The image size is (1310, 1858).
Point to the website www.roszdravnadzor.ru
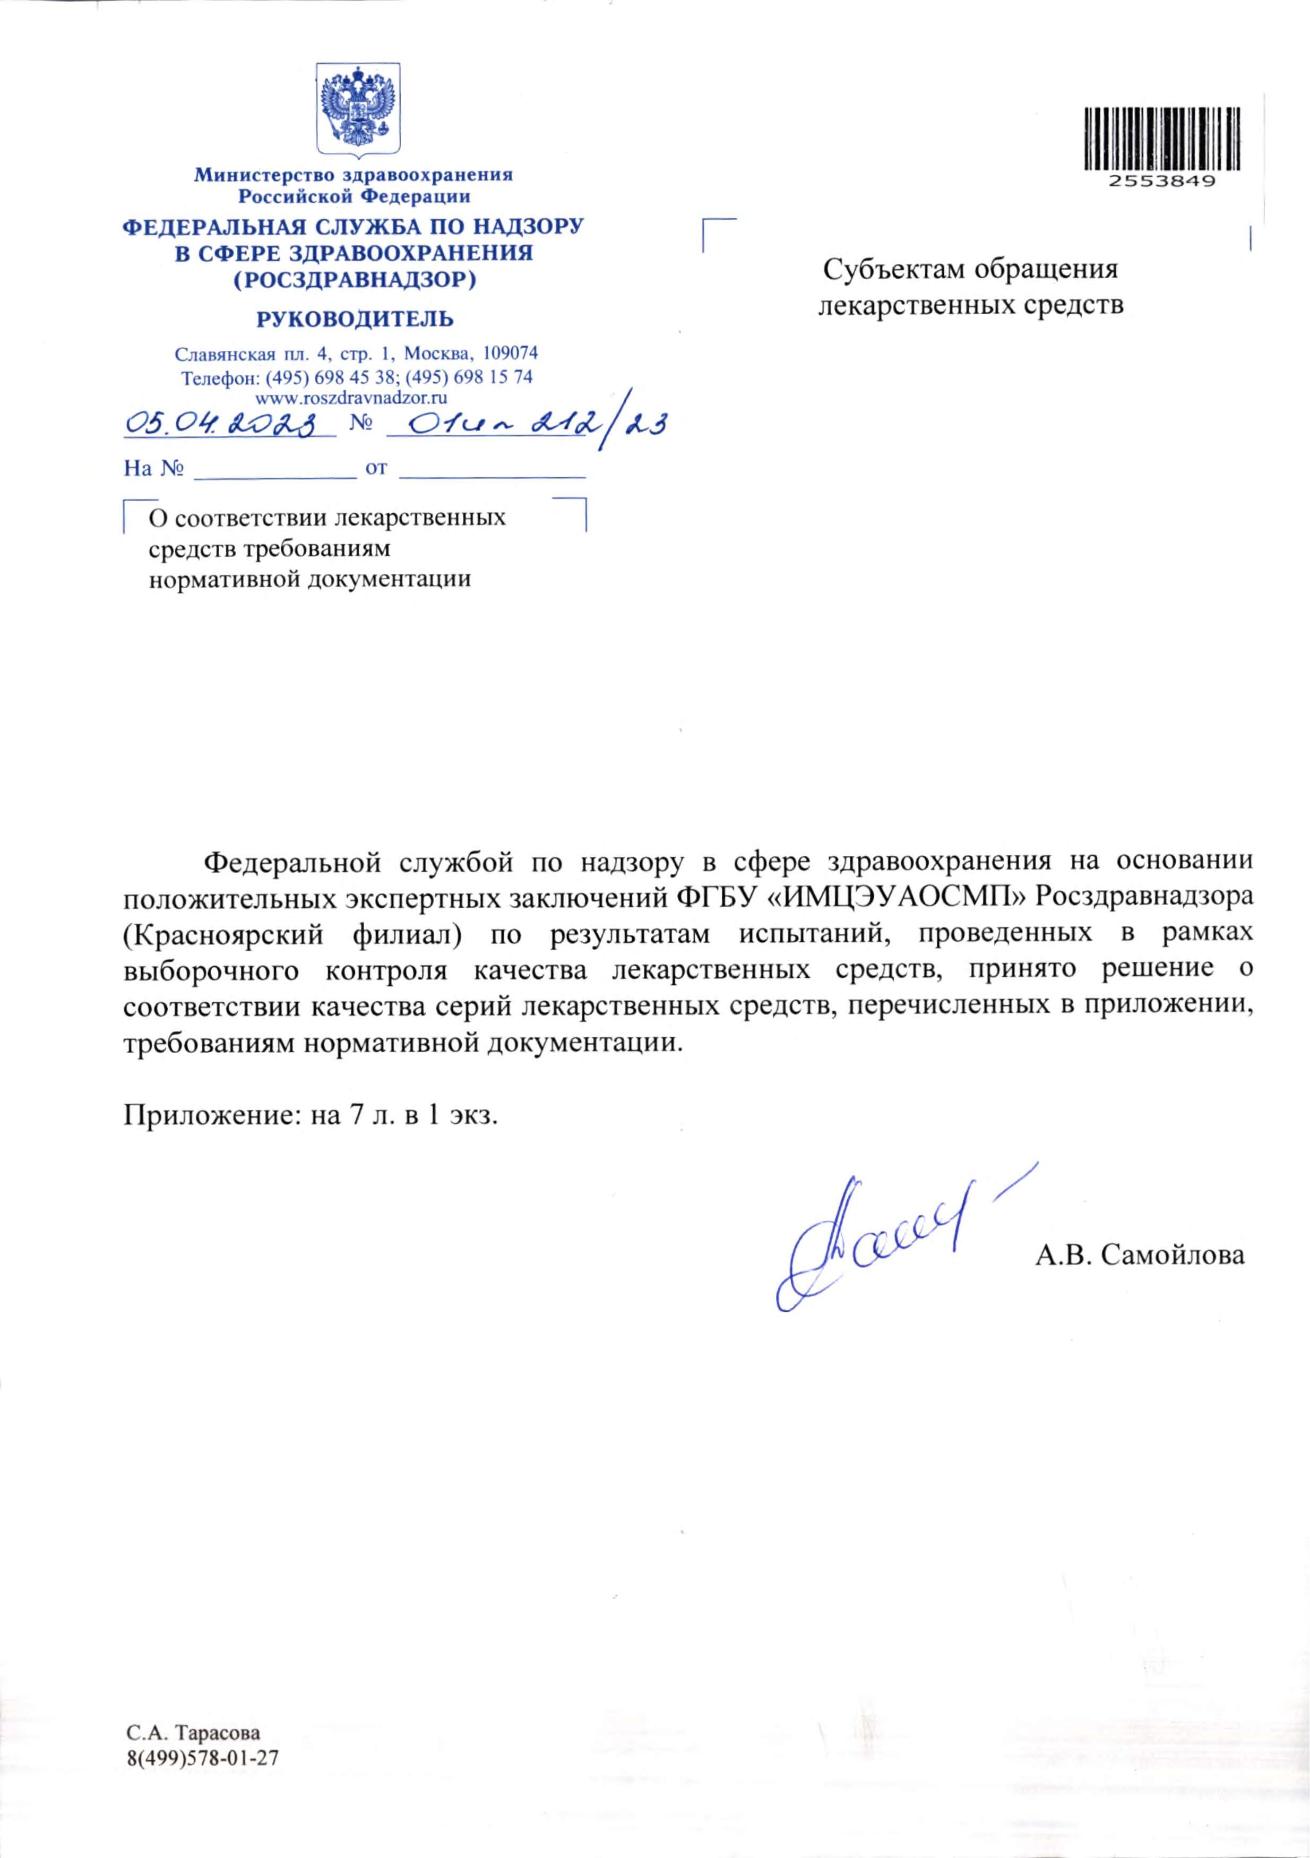click(352, 397)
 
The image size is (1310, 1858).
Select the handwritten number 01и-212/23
click(526, 423)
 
